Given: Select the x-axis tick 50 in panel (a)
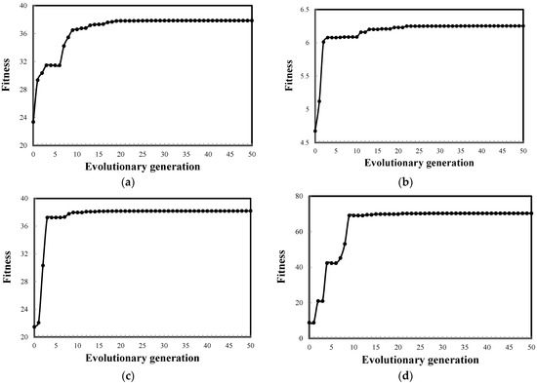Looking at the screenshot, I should coord(253,153).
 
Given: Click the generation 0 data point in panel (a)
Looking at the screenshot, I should coord(33,121).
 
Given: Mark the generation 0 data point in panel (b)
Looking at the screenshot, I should coord(315,131).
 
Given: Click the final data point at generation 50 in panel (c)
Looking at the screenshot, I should coord(253,211).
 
